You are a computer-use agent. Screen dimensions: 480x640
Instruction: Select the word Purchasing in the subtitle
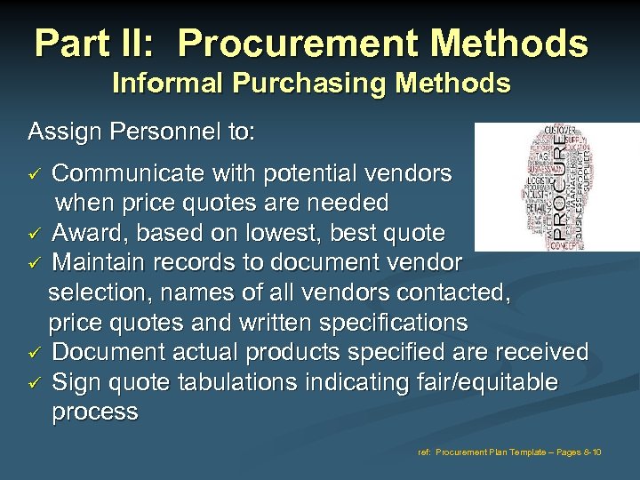point(285,84)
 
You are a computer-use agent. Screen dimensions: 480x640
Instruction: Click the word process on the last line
point(95,412)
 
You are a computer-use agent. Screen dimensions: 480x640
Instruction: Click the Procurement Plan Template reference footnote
point(509,452)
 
